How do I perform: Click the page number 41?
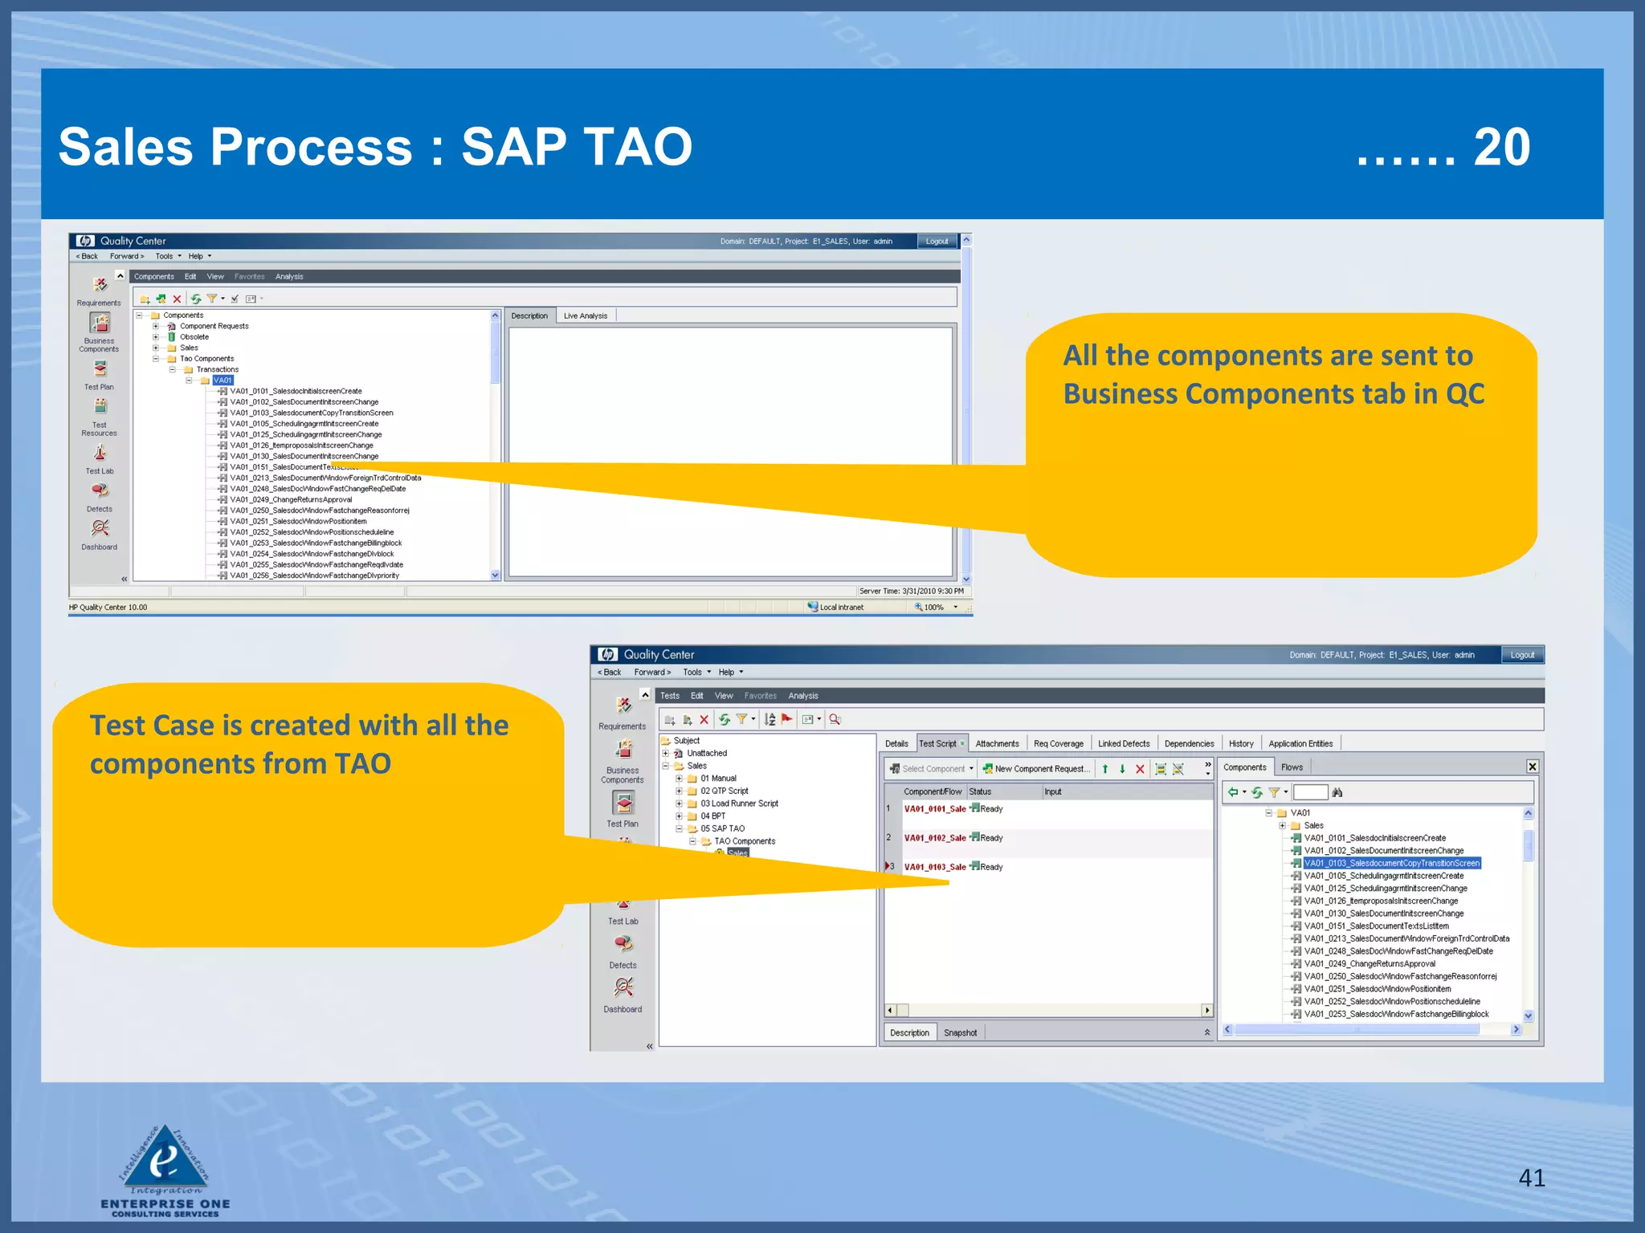(x=1531, y=1178)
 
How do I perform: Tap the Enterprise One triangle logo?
(x=165, y=1156)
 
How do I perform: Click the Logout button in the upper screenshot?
(x=937, y=241)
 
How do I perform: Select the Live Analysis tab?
(x=585, y=315)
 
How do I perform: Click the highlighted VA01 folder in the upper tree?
(x=222, y=380)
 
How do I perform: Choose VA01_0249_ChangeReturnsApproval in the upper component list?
(x=291, y=499)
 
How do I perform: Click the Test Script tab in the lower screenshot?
(x=937, y=743)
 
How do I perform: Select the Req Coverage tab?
(x=1058, y=743)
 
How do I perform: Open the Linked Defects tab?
(x=1123, y=743)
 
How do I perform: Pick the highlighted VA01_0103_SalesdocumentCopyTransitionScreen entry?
(x=1391, y=863)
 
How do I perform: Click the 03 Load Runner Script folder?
(x=739, y=804)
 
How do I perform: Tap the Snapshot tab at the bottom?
(x=960, y=1032)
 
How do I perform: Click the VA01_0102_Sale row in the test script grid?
(x=935, y=837)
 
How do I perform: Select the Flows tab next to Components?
(x=1291, y=767)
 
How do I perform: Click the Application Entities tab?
(x=1300, y=743)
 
